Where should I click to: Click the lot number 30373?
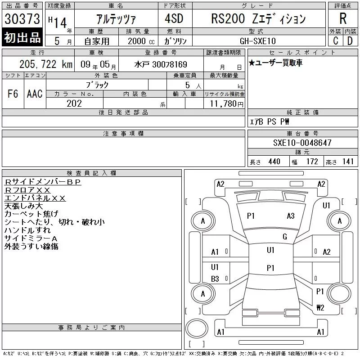click(x=22, y=19)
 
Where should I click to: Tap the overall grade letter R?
click(x=343, y=18)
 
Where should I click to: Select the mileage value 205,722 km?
click(x=46, y=64)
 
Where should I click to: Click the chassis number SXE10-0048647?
click(x=302, y=143)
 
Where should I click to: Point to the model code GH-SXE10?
click(x=257, y=41)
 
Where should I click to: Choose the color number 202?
click(x=74, y=103)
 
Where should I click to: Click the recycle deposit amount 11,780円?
click(x=226, y=104)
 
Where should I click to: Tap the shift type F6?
click(x=13, y=94)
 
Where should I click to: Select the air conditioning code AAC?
click(x=35, y=94)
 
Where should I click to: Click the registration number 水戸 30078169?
click(x=161, y=64)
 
